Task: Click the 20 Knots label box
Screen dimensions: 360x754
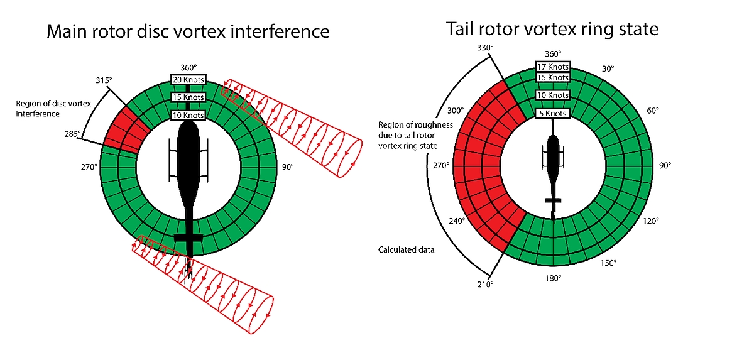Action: tap(188, 79)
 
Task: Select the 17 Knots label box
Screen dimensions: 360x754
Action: tap(553, 67)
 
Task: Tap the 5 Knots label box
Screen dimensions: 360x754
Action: tap(553, 114)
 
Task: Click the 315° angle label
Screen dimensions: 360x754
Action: tap(104, 80)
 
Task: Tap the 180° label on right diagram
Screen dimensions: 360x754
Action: tap(553, 277)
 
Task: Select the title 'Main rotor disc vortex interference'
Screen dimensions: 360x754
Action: tap(188, 31)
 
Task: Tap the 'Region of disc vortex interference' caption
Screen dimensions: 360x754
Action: tap(48, 109)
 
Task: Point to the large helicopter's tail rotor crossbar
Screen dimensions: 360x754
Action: tap(188, 237)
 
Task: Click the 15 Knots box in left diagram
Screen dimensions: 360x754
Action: tap(188, 97)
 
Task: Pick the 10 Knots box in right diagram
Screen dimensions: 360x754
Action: tap(553, 95)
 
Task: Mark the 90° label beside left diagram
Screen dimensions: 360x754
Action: tap(288, 167)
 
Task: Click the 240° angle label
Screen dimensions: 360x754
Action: tap(457, 221)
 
